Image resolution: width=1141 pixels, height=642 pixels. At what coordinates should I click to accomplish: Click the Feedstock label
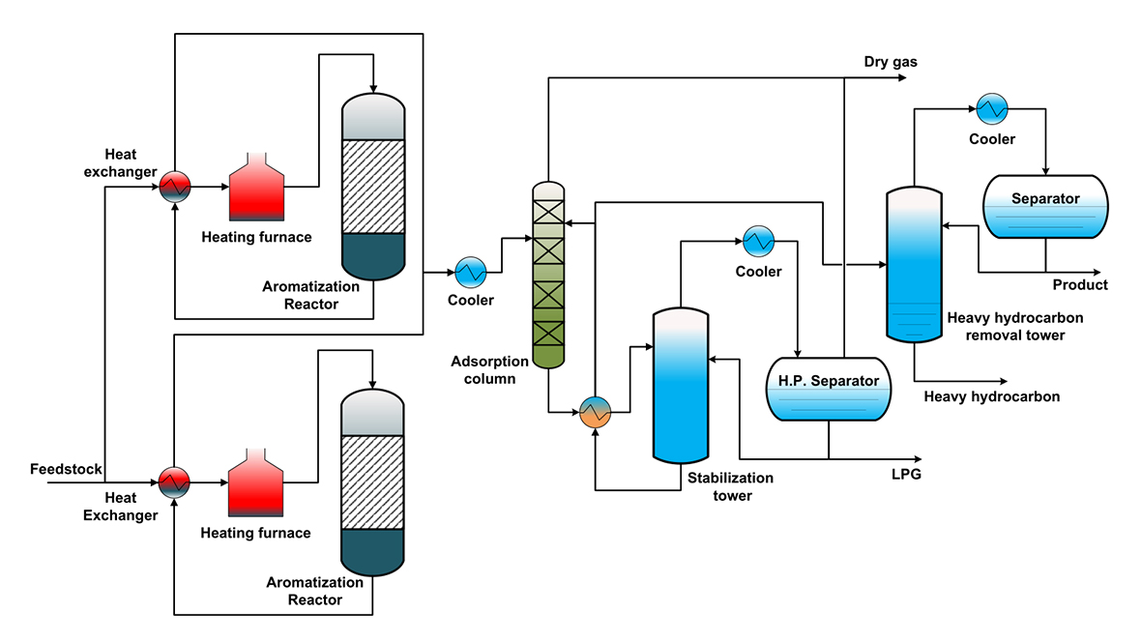click(x=66, y=469)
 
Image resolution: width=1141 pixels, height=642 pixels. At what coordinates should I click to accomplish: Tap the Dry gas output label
click(x=891, y=63)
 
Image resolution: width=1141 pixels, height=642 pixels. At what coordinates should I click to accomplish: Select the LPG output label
click(x=906, y=475)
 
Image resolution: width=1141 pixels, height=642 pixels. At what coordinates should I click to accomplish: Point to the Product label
click(x=1080, y=285)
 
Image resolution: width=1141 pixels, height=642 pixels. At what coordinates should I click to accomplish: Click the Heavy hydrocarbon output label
click(x=992, y=396)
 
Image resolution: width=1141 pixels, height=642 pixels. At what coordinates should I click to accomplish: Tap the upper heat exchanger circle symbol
click(x=175, y=185)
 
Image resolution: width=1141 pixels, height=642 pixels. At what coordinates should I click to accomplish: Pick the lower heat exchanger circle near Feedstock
click(x=175, y=480)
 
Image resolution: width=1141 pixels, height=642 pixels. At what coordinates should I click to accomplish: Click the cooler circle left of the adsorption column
click(x=470, y=272)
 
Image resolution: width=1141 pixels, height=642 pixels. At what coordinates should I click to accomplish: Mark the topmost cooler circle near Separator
click(x=991, y=109)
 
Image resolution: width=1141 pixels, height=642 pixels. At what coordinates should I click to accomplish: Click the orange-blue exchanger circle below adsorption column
click(x=595, y=413)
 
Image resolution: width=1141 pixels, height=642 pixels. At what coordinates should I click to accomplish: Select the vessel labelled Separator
click(x=1045, y=207)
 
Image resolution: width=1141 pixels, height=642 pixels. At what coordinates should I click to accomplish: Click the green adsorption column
click(x=548, y=277)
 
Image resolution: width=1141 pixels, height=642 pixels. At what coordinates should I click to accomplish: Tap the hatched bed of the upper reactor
click(x=373, y=187)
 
